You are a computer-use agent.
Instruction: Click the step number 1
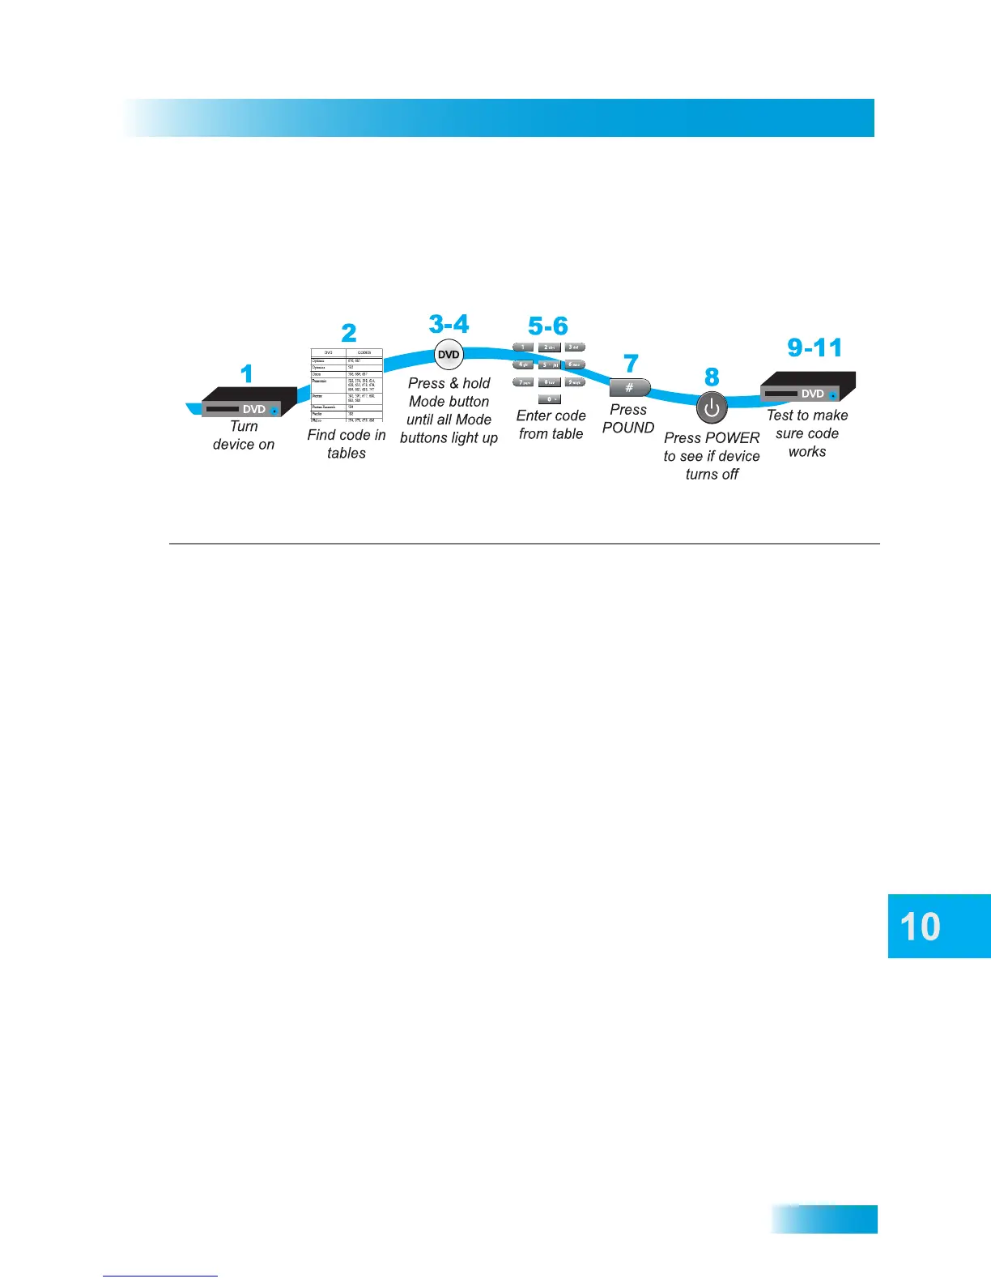(247, 373)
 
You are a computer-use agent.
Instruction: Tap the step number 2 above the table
(348, 333)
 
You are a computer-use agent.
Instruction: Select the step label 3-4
(449, 324)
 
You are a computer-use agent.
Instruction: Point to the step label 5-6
(548, 326)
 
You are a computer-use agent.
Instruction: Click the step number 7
(632, 364)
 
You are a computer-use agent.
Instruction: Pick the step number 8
(712, 377)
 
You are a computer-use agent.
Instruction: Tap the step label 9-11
(814, 347)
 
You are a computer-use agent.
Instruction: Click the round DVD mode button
(449, 355)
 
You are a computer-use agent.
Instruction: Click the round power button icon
(712, 408)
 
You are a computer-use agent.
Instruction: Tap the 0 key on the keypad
(549, 399)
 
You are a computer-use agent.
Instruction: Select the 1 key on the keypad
(523, 347)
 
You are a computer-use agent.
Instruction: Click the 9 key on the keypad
(574, 382)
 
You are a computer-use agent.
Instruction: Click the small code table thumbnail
(347, 386)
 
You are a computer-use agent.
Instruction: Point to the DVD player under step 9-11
(807, 387)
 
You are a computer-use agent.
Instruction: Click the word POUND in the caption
(628, 428)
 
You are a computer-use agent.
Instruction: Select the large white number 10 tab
(921, 927)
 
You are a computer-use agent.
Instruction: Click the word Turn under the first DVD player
(244, 427)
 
